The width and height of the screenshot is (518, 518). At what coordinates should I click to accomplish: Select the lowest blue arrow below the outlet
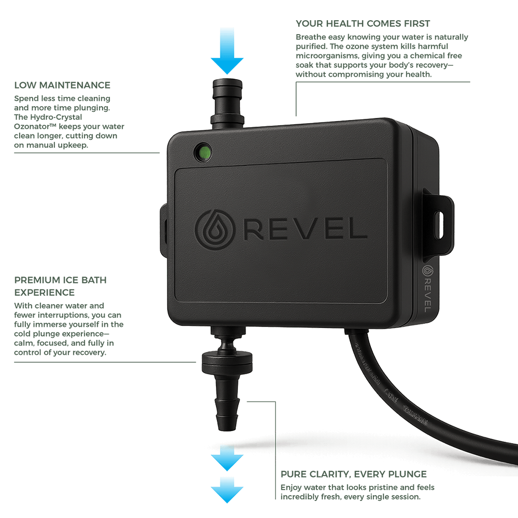[x=227, y=490]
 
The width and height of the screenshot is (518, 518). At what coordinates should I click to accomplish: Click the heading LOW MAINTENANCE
[x=62, y=85]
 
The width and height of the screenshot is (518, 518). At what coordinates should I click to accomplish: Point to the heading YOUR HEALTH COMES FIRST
[x=363, y=24]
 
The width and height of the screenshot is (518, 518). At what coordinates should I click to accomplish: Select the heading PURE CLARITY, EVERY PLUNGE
[x=354, y=474]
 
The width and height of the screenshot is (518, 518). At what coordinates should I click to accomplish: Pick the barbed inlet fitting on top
[x=227, y=101]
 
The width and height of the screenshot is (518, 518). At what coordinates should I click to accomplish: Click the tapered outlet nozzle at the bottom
[x=226, y=401]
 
